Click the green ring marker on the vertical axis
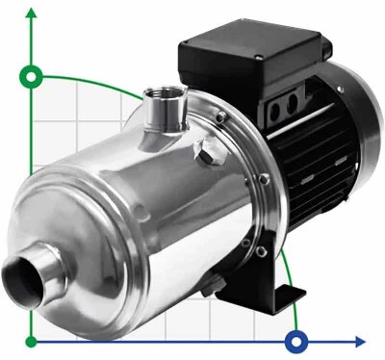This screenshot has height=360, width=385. point(34,76)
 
